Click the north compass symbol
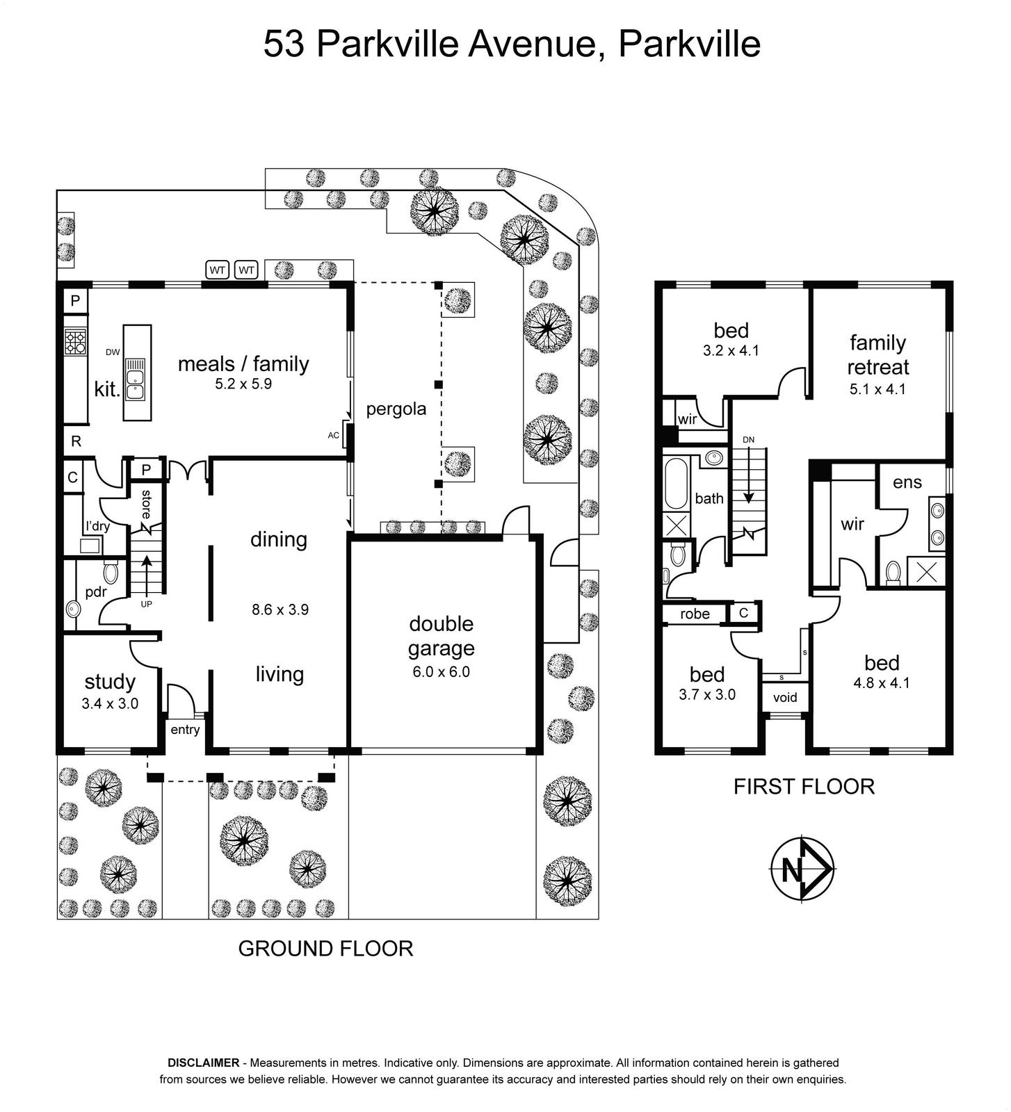802,869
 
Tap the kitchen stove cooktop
75,342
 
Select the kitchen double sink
135,384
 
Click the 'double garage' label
442,636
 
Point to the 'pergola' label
396,409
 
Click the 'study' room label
110,682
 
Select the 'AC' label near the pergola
334,435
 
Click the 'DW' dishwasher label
113,352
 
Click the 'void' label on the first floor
785,697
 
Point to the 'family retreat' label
878,354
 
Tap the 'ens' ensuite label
907,482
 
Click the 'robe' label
695,614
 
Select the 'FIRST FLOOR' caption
804,787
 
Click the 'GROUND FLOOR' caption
325,948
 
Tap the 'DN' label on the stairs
748,439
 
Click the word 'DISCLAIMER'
203,1063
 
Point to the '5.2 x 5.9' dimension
243,384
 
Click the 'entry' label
185,730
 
